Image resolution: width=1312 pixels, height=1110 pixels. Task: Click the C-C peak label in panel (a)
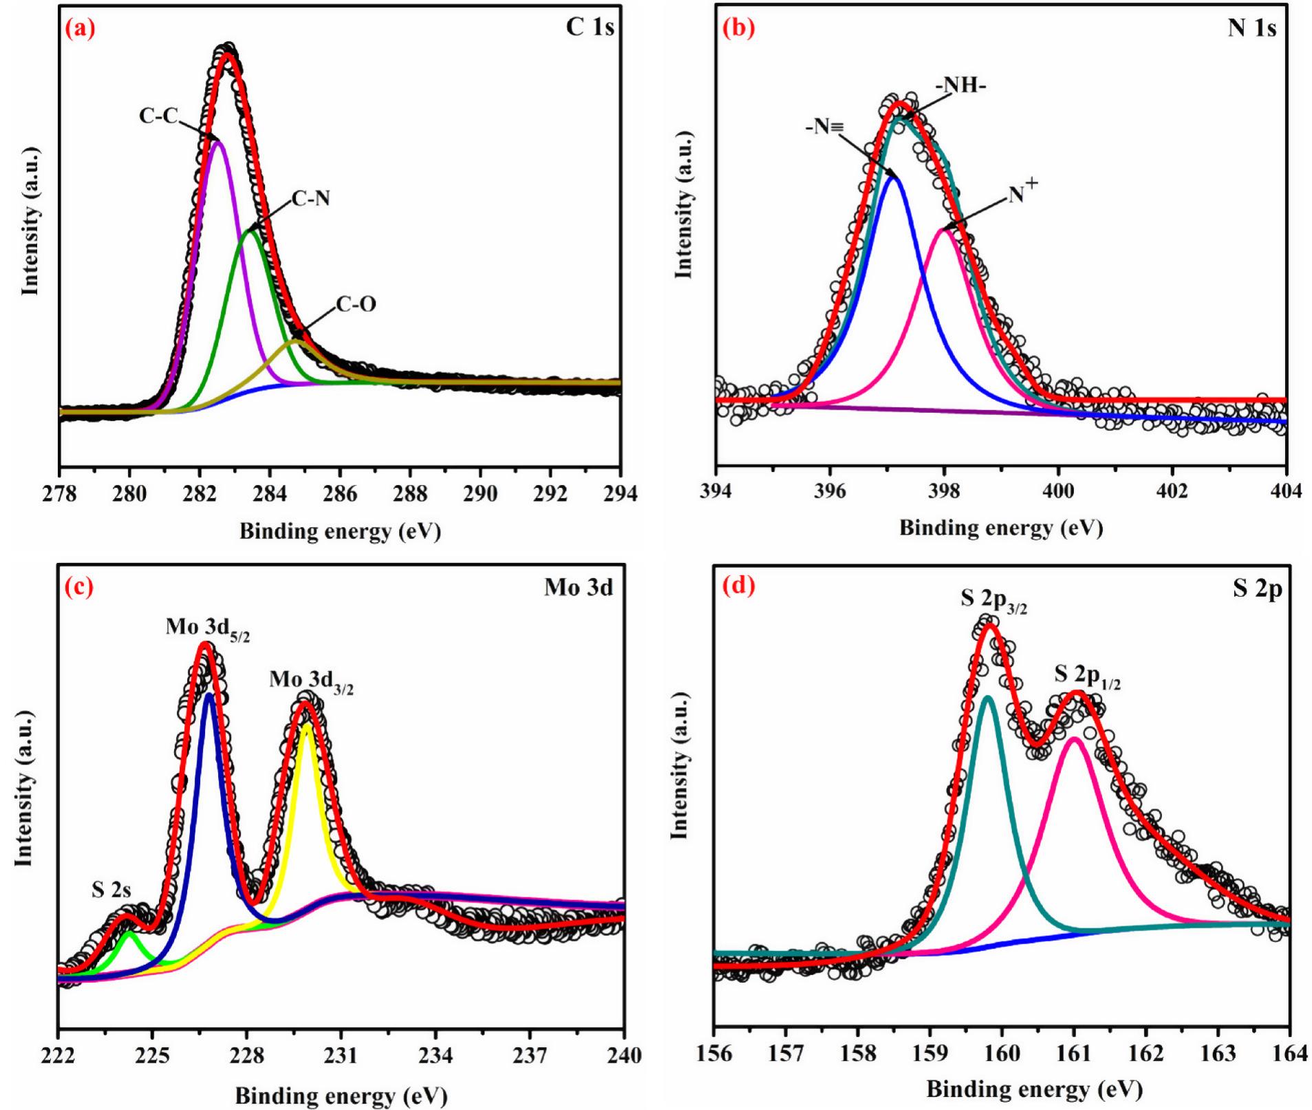click(x=158, y=116)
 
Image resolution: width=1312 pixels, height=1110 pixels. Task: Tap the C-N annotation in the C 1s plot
click(x=311, y=199)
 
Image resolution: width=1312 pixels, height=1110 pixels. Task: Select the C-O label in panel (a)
click(x=356, y=304)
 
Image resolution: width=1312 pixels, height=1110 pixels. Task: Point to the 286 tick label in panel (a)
click(x=340, y=494)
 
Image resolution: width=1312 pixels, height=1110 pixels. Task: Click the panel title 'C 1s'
click(x=590, y=27)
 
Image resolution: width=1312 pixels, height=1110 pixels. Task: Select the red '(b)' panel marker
click(x=738, y=28)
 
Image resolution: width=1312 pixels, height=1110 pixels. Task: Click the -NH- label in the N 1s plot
click(x=960, y=86)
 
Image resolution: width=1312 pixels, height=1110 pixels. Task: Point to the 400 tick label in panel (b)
click(x=1058, y=491)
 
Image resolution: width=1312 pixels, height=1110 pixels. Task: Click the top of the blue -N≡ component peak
click(x=894, y=178)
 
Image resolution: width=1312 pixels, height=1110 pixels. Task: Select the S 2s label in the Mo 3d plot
click(x=111, y=890)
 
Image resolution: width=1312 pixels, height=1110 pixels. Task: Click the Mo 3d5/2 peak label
click(x=207, y=628)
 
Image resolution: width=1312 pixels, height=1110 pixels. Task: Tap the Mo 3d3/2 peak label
click(x=311, y=681)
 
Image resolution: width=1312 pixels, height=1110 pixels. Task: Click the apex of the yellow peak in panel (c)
click(x=307, y=725)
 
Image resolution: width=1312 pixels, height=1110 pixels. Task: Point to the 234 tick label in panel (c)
click(x=435, y=1055)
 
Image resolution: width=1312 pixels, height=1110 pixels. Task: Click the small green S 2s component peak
click(x=129, y=934)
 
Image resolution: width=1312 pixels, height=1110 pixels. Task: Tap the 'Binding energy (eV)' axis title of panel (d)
click(x=1034, y=1089)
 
